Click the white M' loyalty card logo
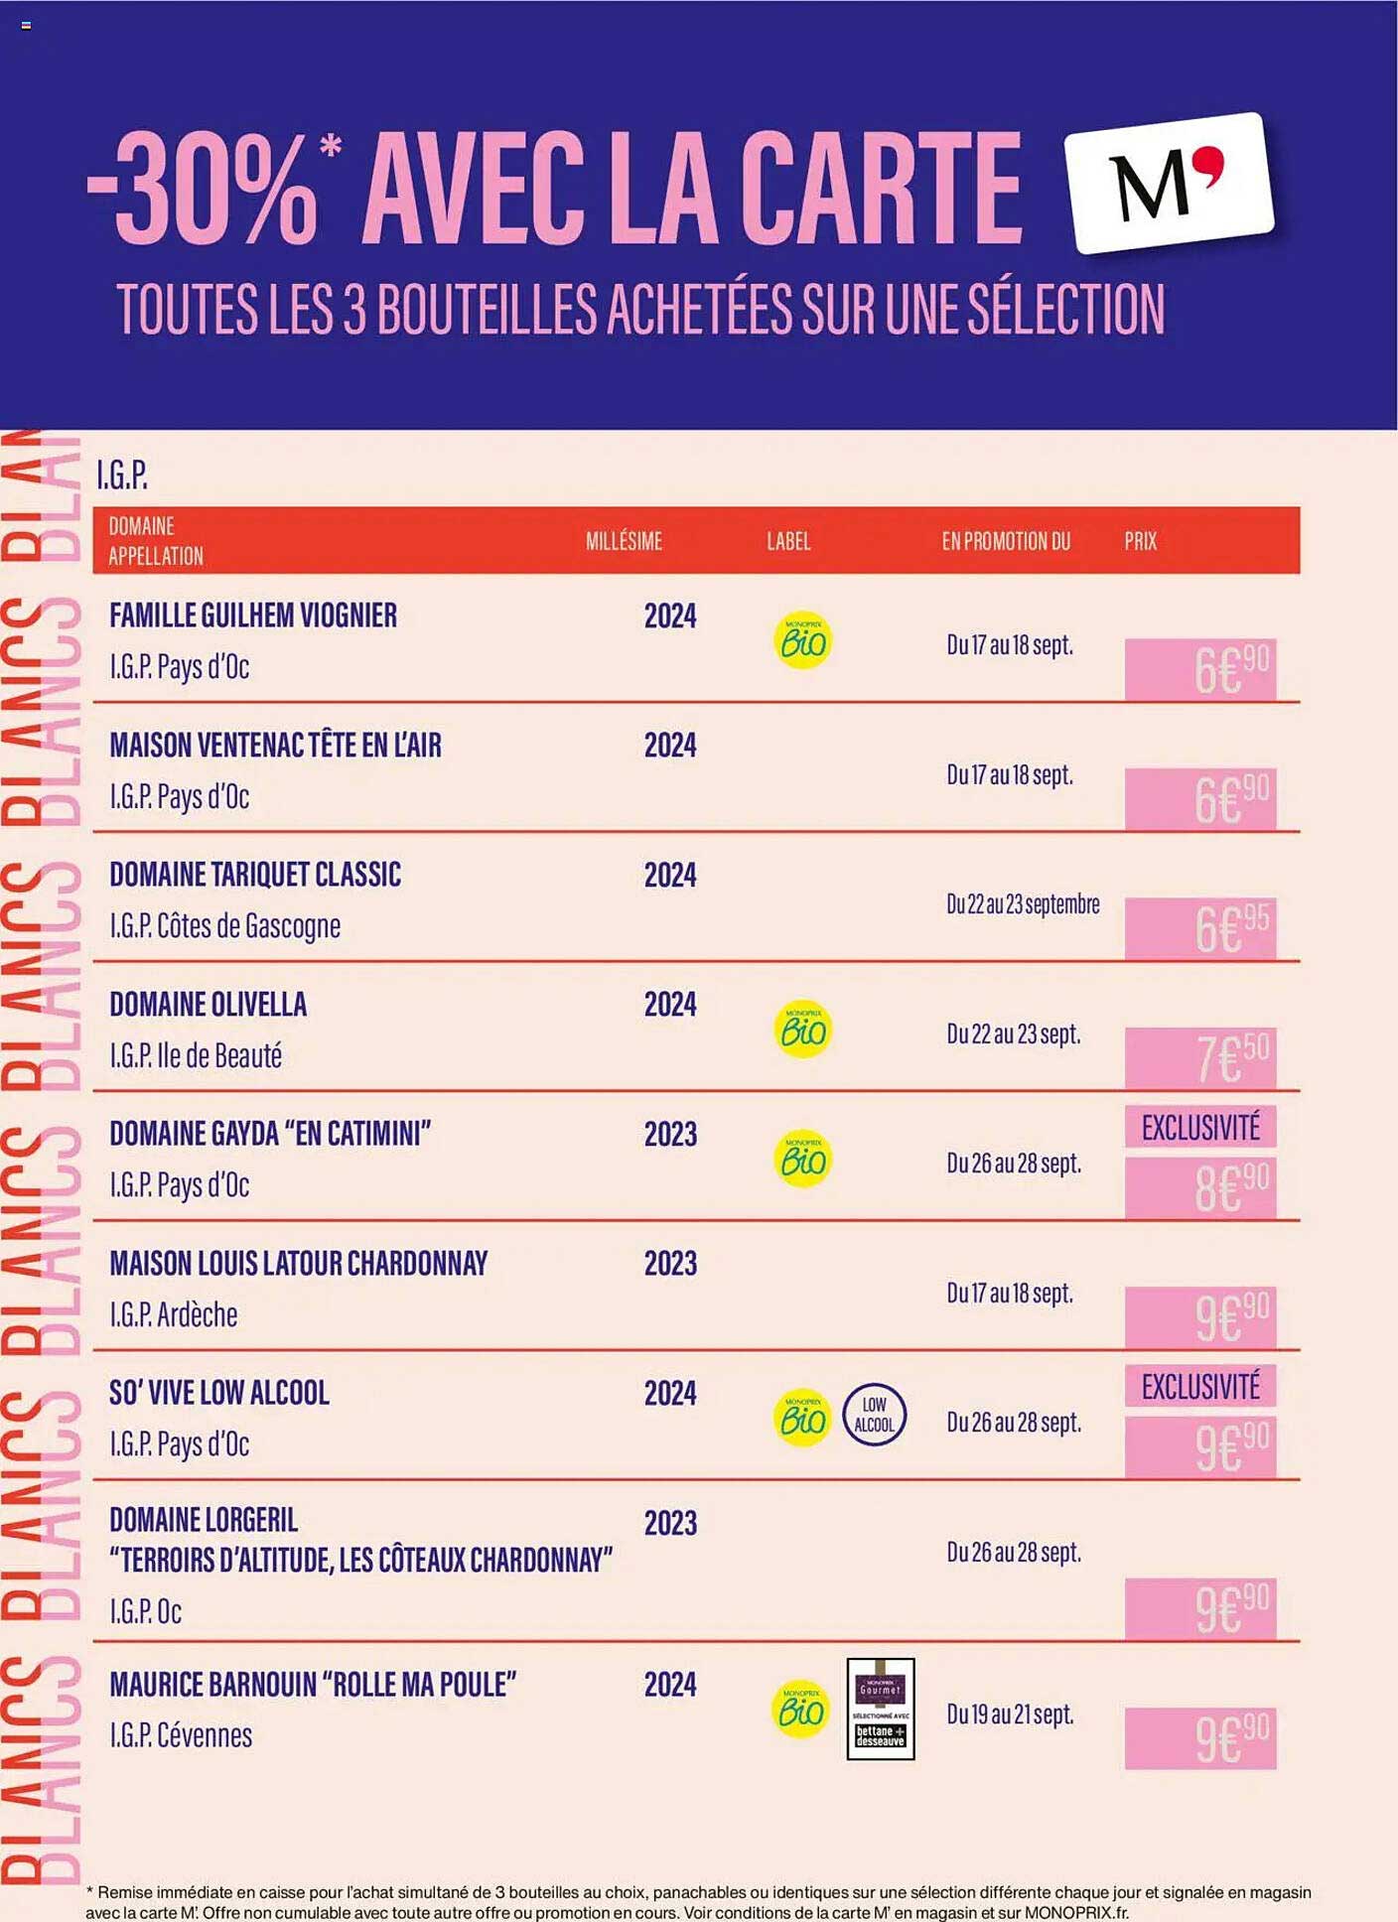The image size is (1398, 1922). pos(1169,183)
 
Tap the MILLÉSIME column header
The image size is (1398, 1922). pos(624,541)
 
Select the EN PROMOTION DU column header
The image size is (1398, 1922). pos(1006,541)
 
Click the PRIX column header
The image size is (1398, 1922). pos(1140,541)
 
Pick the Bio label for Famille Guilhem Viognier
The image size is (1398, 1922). pos(802,641)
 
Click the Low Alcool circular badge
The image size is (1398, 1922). pos(874,1415)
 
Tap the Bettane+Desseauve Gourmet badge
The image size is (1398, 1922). pos(881,1709)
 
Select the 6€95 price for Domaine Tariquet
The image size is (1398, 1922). pos(1200,928)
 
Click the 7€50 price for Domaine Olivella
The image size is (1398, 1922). pos(1200,1058)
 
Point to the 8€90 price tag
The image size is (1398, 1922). pos(1200,1188)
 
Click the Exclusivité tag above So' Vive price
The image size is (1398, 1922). pos(1200,1386)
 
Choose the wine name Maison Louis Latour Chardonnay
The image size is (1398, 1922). pos(299,1264)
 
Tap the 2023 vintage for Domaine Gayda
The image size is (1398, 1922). pos(670,1134)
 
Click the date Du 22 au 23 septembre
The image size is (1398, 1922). pos(1023,904)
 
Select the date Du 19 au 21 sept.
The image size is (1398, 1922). pos(1010,1714)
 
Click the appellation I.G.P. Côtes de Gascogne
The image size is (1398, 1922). pos(225,926)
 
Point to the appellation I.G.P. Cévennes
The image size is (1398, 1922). pos(181,1735)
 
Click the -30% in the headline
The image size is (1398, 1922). pos(204,189)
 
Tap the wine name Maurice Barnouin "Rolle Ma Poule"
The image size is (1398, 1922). pos(313,1685)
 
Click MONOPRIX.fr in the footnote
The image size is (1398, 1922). pos(1075,1912)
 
